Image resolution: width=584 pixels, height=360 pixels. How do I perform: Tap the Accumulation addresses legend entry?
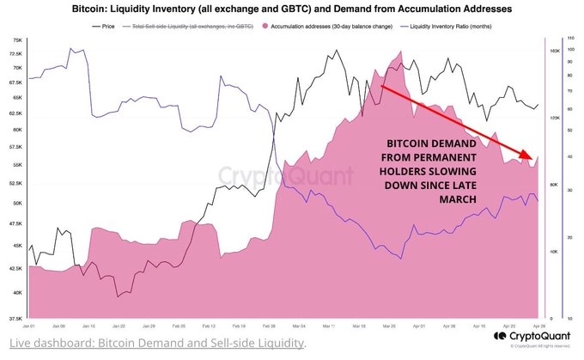coord(340,26)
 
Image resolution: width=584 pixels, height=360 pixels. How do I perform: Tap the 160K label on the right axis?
coord(555,52)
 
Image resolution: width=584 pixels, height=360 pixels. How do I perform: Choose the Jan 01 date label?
coord(28,326)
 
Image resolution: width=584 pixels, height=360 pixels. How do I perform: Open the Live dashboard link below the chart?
coord(155,344)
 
